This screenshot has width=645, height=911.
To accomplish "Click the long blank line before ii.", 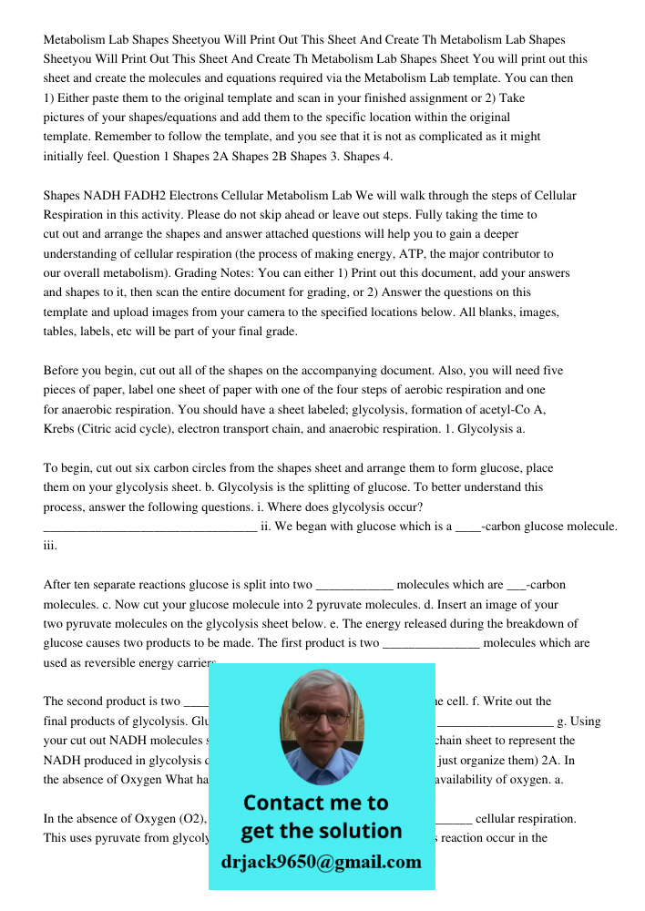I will [x=150, y=527].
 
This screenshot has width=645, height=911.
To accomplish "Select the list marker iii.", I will [x=50, y=546].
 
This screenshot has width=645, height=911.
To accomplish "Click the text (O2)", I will [x=189, y=819].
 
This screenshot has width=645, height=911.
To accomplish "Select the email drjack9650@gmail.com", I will [x=322, y=862].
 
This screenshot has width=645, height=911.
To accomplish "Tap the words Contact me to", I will [x=315, y=804].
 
